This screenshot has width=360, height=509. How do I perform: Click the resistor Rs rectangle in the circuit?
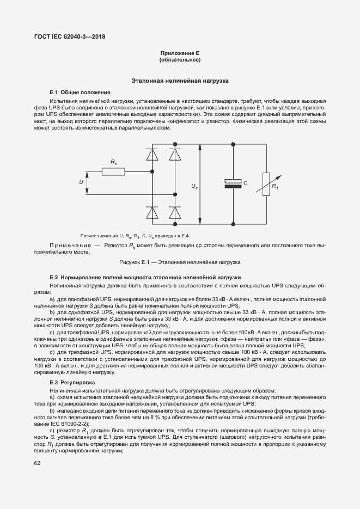pyautogui.click(x=113, y=171)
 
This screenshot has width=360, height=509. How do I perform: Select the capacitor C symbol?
pyautogui.click(x=233, y=184)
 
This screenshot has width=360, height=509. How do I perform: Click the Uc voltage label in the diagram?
pyautogui.click(x=194, y=186)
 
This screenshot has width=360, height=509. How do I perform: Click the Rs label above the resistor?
pyautogui.click(x=113, y=162)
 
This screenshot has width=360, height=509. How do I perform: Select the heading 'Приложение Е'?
pyautogui.click(x=180, y=53)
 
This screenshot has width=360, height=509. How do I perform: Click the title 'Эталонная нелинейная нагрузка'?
pyautogui.click(x=180, y=81)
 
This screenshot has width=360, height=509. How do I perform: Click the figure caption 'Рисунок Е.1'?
pyautogui.click(x=180, y=262)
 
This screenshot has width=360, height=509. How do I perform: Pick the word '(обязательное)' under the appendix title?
pyautogui.click(x=180, y=59)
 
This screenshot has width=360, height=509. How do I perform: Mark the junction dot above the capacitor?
pyautogui.click(x=233, y=144)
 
